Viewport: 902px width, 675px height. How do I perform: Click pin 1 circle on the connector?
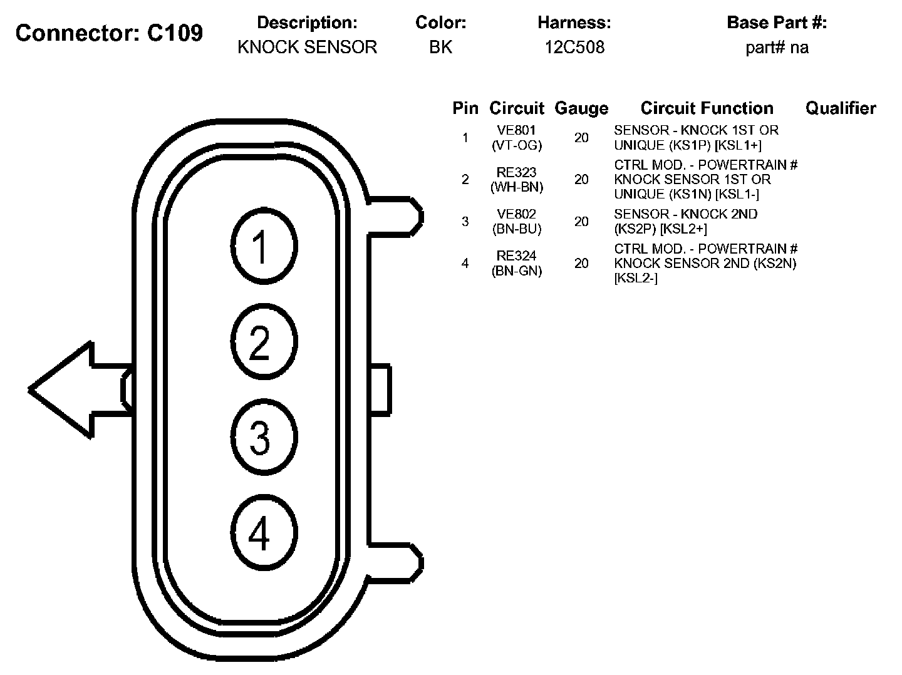(263, 246)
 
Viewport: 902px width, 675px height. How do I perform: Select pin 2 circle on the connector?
(263, 342)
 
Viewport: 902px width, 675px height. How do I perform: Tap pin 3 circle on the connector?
(263, 436)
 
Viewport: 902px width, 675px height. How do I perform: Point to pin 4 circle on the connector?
(263, 533)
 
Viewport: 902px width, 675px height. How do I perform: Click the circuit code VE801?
(516, 131)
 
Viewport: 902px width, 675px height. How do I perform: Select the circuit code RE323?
(516, 172)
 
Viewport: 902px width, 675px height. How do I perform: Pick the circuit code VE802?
(516, 214)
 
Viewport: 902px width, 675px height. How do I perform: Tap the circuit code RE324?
(516, 256)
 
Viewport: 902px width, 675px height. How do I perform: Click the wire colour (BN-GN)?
(516, 271)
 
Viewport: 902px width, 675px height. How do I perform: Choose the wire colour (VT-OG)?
(516, 145)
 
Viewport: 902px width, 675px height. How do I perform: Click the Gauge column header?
(581, 108)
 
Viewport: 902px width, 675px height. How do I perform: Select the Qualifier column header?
(840, 108)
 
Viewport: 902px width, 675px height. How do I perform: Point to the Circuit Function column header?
(707, 108)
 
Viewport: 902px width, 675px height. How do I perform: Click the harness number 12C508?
(574, 48)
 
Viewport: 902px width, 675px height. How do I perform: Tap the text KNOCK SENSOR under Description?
(307, 48)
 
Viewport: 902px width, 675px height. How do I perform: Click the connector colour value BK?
(440, 48)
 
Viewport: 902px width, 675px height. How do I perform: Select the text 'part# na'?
(777, 48)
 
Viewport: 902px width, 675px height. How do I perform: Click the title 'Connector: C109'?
(109, 33)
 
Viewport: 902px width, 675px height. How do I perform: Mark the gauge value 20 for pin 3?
(581, 222)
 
